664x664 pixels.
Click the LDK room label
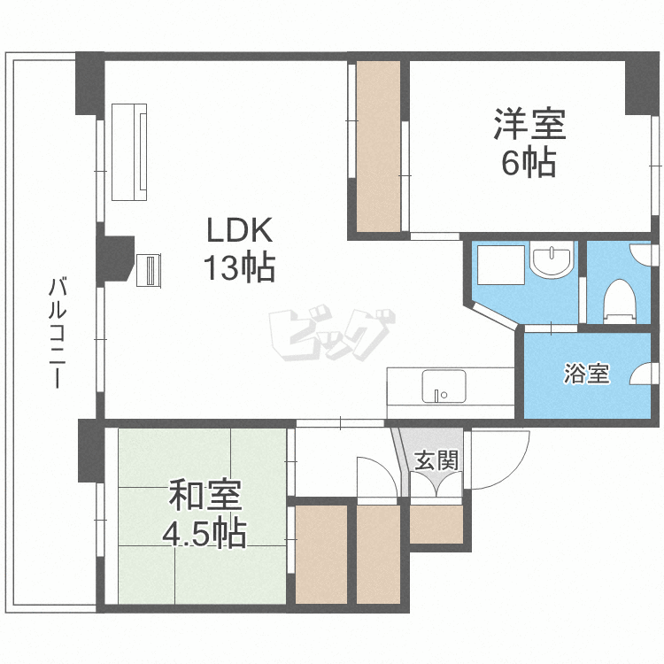237,230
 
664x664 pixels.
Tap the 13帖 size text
237,267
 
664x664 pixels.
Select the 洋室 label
529,124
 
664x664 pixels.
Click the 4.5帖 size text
204,534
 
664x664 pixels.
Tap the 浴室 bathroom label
586,374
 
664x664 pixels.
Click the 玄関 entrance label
436,460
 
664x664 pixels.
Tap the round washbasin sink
551,261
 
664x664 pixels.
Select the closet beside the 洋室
378,146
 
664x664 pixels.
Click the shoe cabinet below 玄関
436,524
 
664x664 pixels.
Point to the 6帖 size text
529,163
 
